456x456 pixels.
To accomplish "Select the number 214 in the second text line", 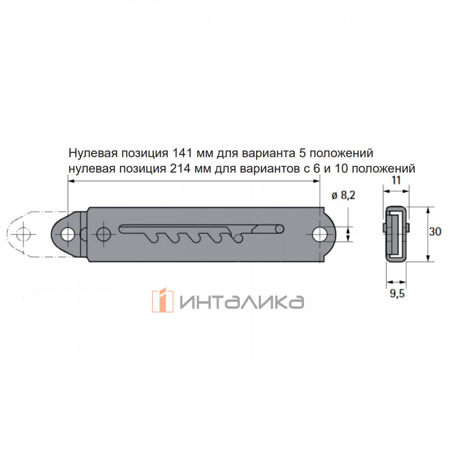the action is [180, 169].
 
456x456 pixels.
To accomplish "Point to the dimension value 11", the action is [396, 180].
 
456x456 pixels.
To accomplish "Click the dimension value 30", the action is [435, 231].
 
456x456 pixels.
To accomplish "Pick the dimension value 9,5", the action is [397, 294].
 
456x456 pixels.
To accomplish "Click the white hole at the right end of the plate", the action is [320, 234].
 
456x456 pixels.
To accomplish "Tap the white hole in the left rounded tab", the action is [68, 235].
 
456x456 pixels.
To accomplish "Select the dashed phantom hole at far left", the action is [24, 234].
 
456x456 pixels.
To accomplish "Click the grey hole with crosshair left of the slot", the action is [104, 234].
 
